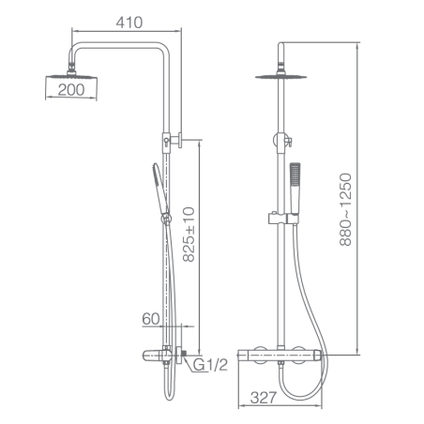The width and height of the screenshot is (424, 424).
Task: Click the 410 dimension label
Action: point(129,23)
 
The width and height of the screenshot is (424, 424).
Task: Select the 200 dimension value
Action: point(71,90)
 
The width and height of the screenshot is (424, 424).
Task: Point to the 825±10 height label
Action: point(189,235)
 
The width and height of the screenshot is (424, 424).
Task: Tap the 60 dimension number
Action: point(151,319)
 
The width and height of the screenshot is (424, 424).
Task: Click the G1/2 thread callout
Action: point(210,365)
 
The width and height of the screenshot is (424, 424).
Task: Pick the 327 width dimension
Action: point(264,398)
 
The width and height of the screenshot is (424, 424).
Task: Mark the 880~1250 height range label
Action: point(345,209)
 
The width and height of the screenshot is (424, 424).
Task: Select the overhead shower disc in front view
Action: point(280,77)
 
